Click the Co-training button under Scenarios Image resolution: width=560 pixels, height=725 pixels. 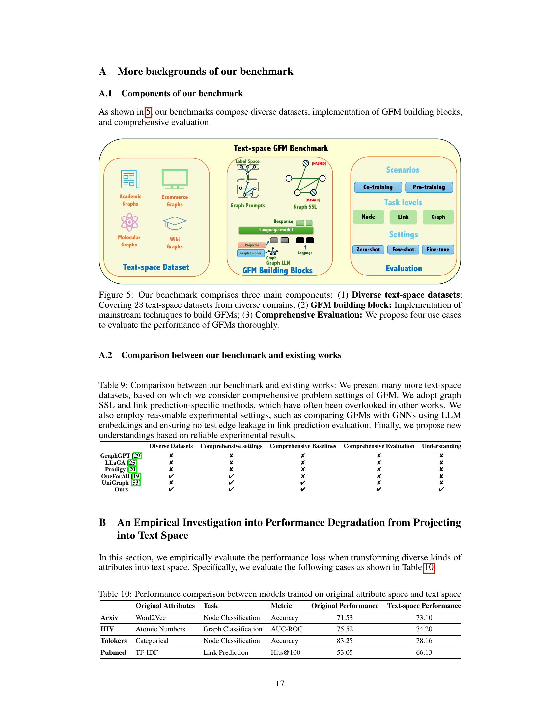pos(378,187)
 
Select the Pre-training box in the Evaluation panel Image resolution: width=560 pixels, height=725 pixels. pos(429,187)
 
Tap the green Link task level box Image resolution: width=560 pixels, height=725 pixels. pos(403,217)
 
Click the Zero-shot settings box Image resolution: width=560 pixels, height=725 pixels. pos(368,250)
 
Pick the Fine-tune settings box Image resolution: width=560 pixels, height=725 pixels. pos(437,250)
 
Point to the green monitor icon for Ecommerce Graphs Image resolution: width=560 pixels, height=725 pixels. pos(175,179)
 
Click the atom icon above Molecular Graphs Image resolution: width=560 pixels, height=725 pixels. pos(129,222)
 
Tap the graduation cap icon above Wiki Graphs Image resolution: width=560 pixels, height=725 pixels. pos(175,223)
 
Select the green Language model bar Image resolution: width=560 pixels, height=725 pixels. pos(276,230)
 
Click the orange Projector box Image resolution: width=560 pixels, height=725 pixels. pos(252,245)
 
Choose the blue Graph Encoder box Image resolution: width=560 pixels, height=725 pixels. pos(251,253)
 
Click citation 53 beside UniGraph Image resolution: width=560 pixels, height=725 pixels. pos(135,483)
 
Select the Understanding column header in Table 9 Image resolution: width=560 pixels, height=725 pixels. pos(441,446)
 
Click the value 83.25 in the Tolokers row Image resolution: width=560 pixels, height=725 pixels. pos(345,641)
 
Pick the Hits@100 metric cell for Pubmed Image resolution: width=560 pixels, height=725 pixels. pos(285,652)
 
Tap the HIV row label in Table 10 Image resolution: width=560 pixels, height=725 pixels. pos(107,629)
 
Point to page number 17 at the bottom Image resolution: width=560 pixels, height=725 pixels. pos(280,683)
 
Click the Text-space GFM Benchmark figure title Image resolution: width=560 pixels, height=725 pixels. pos(280,148)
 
